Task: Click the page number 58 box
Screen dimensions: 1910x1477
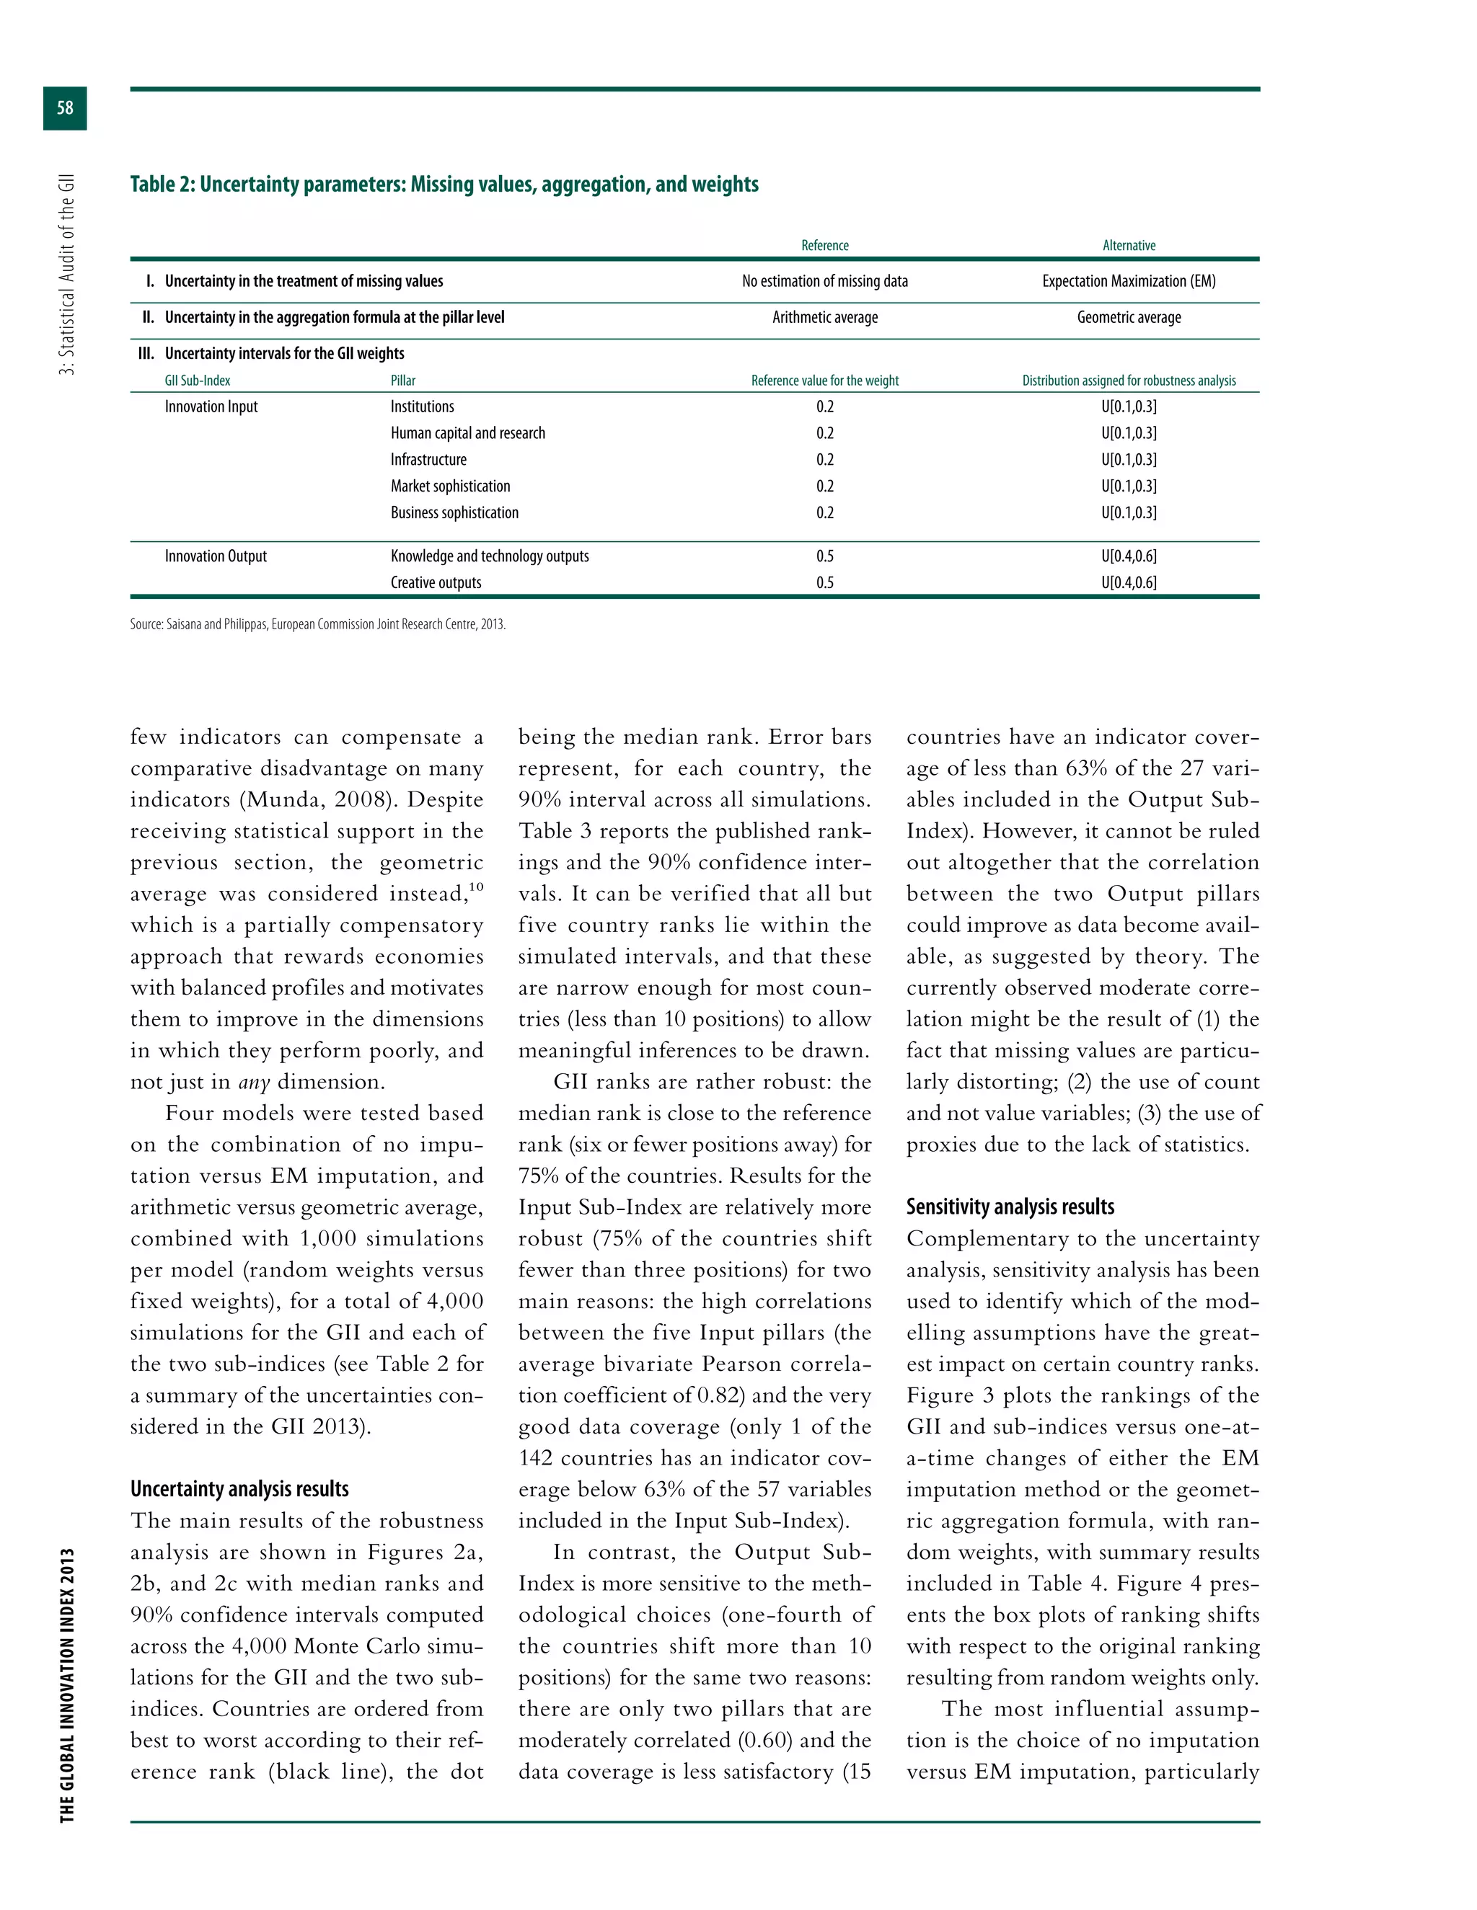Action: (65, 108)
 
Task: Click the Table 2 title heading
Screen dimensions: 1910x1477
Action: (444, 185)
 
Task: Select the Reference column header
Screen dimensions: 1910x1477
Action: (824, 246)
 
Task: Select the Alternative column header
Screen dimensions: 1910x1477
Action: (1128, 246)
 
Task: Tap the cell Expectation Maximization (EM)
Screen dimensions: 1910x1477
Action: (1128, 282)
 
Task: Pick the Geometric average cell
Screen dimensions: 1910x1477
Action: (1128, 317)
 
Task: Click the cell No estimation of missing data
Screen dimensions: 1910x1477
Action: (824, 282)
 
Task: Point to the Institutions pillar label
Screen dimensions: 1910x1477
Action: (422, 407)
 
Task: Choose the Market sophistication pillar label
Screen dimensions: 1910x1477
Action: (450, 487)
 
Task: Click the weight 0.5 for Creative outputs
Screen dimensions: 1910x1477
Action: (824, 583)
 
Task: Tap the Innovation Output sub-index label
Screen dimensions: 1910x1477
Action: (215, 556)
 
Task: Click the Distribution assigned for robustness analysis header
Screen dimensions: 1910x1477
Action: (1128, 381)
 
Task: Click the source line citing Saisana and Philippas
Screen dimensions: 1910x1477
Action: (317, 624)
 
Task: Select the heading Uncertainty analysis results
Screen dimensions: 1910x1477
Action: (239, 1489)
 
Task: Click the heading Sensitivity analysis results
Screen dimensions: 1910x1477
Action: (1010, 1207)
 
